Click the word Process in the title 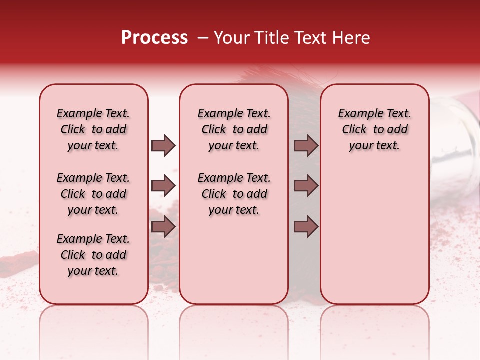tap(154, 38)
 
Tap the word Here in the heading tap(352, 38)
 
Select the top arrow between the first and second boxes tap(163, 146)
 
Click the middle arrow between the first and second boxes tap(163, 186)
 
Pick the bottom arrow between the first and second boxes tap(163, 227)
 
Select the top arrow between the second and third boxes tap(306, 146)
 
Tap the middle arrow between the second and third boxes tap(306, 186)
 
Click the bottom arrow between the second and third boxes tap(306, 227)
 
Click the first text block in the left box tap(93, 129)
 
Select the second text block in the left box tap(93, 194)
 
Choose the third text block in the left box tap(93, 255)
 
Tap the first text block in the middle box tap(234, 129)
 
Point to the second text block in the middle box tap(234, 194)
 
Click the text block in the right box tap(375, 129)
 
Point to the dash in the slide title tap(203, 38)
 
